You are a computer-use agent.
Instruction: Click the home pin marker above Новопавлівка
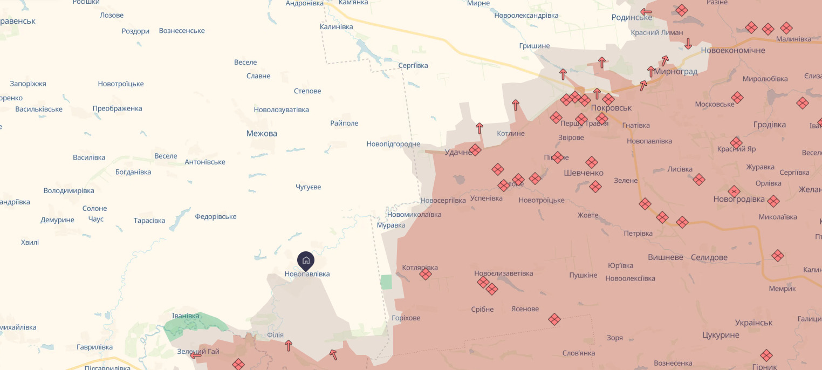pos(306,261)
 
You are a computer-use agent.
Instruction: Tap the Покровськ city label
pos(611,108)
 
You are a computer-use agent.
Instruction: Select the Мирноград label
pos(676,71)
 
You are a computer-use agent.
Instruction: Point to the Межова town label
pos(262,133)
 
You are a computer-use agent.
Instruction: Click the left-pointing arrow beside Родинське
pos(646,12)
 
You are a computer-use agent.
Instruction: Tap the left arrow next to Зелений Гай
pos(196,355)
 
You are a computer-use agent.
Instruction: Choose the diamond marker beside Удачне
pos(475,150)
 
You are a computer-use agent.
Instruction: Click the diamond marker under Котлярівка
pos(426,275)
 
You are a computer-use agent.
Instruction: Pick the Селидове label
pos(709,257)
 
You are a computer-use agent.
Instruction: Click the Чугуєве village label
pos(308,187)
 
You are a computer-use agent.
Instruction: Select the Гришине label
pos(534,46)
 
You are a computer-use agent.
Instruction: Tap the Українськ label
pos(754,323)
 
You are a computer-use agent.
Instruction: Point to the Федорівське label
pos(216,217)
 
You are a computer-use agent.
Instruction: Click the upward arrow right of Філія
pos(289,345)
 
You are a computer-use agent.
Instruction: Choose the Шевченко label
pos(584,173)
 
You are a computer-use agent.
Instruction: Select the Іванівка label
pos(186,316)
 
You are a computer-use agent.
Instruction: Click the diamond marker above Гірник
pos(766,355)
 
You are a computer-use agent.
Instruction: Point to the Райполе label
pos(344,123)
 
